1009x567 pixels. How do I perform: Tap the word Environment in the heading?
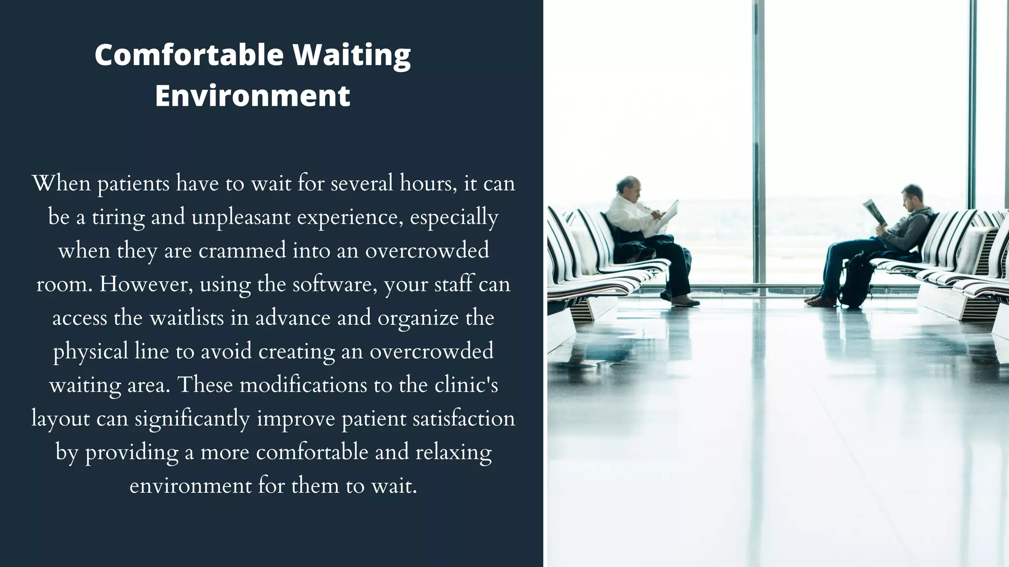pyautogui.click(x=252, y=95)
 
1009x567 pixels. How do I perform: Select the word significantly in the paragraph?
pyautogui.click(x=192, y=419)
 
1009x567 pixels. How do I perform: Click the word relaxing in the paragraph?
pyautogui.click(x=453, y=452)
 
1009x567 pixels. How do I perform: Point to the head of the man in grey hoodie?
pyautogui.click(x=912, y=196)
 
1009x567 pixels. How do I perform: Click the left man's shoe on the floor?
pyautogui.click(x=685, y=301)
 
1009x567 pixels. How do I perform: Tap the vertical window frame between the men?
pyautogui.click(x=759, y=148)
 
